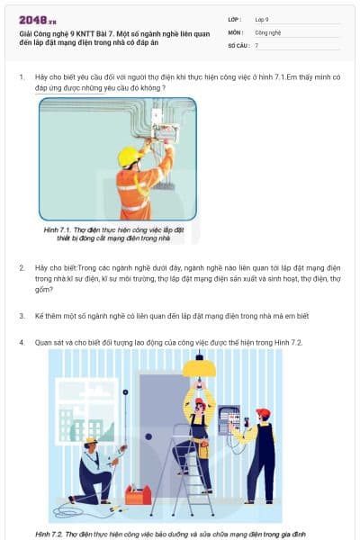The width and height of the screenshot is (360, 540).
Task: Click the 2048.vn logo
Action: coord(38,20)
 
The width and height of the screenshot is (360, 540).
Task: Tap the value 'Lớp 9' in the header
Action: coord(263,19)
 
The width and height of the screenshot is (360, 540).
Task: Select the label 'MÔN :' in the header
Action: coord(236,31)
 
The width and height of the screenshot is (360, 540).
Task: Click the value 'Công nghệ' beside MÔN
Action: coord(268,31)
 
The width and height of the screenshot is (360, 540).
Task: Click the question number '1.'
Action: coord(22,77)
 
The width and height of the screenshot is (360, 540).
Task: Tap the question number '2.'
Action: coord(22,268)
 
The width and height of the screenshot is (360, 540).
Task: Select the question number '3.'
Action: coord(22,316)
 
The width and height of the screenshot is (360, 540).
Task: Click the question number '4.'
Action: coord(22,343)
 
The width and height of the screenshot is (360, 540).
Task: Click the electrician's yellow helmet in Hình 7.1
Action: coord(128,157)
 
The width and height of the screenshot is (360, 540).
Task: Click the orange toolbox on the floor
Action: coord(138,494)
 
